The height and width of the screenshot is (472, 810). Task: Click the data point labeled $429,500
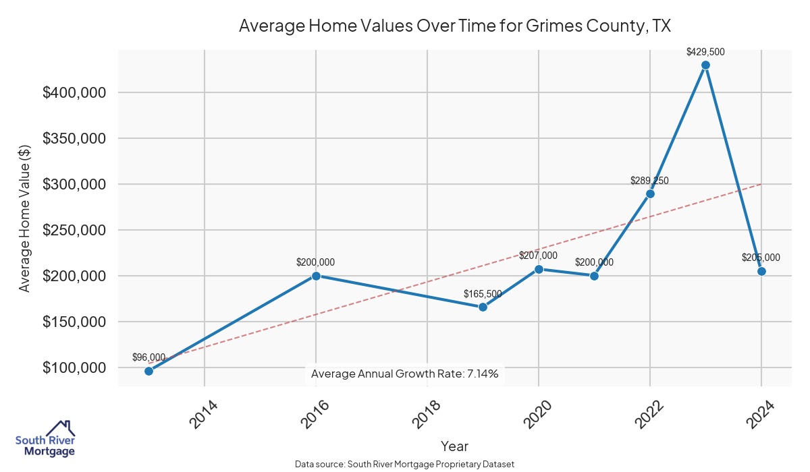point(705,65)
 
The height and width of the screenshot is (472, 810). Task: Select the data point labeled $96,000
point(148,371)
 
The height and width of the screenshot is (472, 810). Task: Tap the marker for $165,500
point(483,307)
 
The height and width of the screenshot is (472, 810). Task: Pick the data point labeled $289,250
point(650,194)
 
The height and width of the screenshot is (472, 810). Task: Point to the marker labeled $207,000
point(539,269)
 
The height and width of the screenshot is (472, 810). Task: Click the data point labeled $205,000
point(761,271)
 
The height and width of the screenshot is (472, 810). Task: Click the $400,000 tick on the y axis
point(74,92)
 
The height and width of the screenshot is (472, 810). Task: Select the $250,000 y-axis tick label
point(74,230)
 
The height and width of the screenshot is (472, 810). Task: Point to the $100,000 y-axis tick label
point(74,367)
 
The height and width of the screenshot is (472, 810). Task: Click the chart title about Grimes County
point(454,26)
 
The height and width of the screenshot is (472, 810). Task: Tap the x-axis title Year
point(454,446)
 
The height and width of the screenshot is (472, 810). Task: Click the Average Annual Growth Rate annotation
point(405,374)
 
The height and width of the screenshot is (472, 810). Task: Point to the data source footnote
point(405,465)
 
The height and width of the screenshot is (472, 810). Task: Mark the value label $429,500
point(705,52)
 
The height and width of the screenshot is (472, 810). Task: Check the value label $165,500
point(483,294)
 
